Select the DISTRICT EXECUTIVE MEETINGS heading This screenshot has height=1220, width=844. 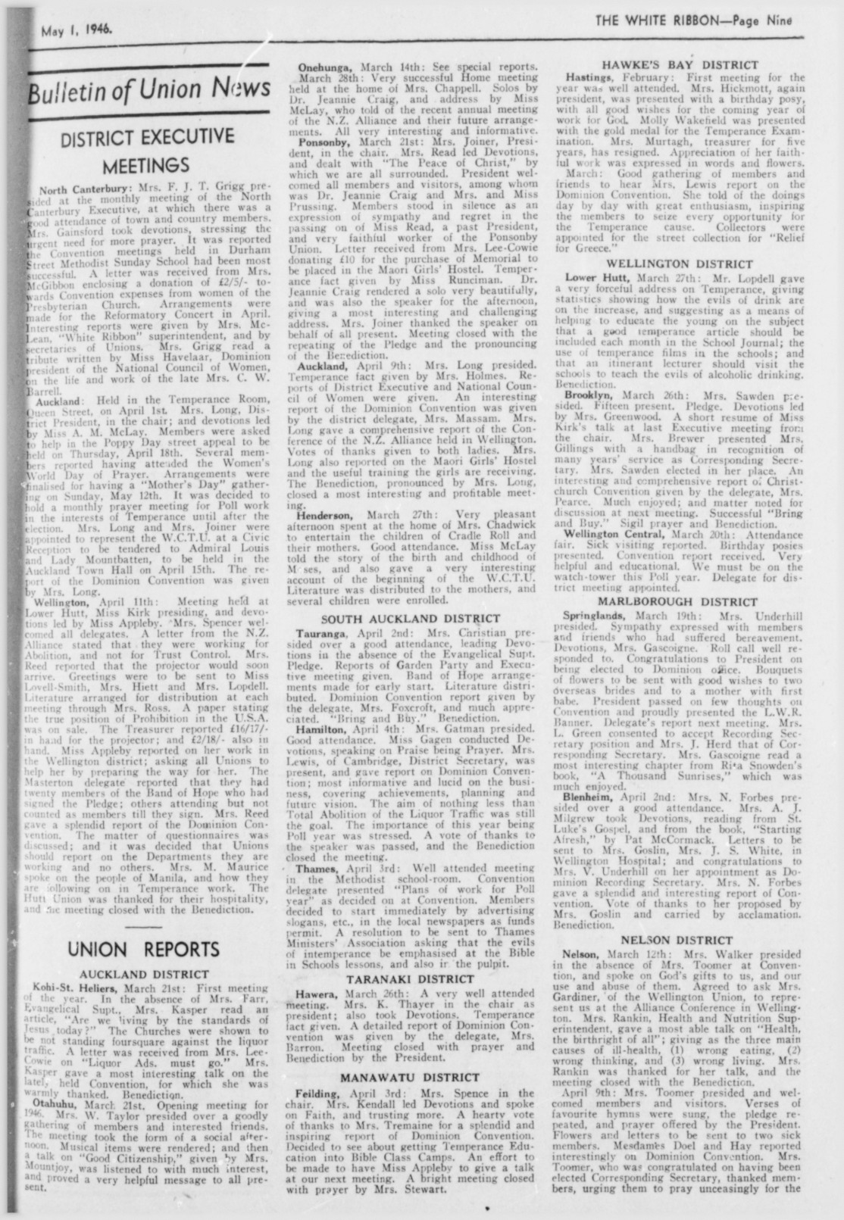(x=147, y=151)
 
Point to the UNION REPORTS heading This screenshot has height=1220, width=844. (x=144, y=949)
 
